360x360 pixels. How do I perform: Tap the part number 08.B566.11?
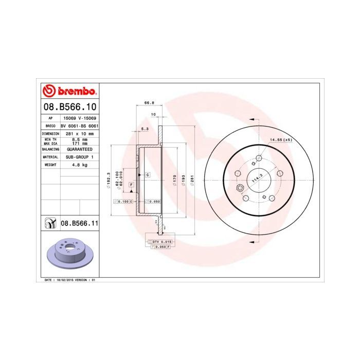coord(80,223)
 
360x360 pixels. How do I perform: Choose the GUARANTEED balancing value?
coord(79,148)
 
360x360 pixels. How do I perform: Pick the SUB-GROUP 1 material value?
coord(79,156)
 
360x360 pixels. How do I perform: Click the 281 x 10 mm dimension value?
coord(79,133)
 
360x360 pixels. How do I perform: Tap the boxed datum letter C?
coord(148,175)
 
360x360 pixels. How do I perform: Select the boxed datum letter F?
coord(132,184)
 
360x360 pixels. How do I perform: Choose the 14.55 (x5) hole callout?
coord(281,139)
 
